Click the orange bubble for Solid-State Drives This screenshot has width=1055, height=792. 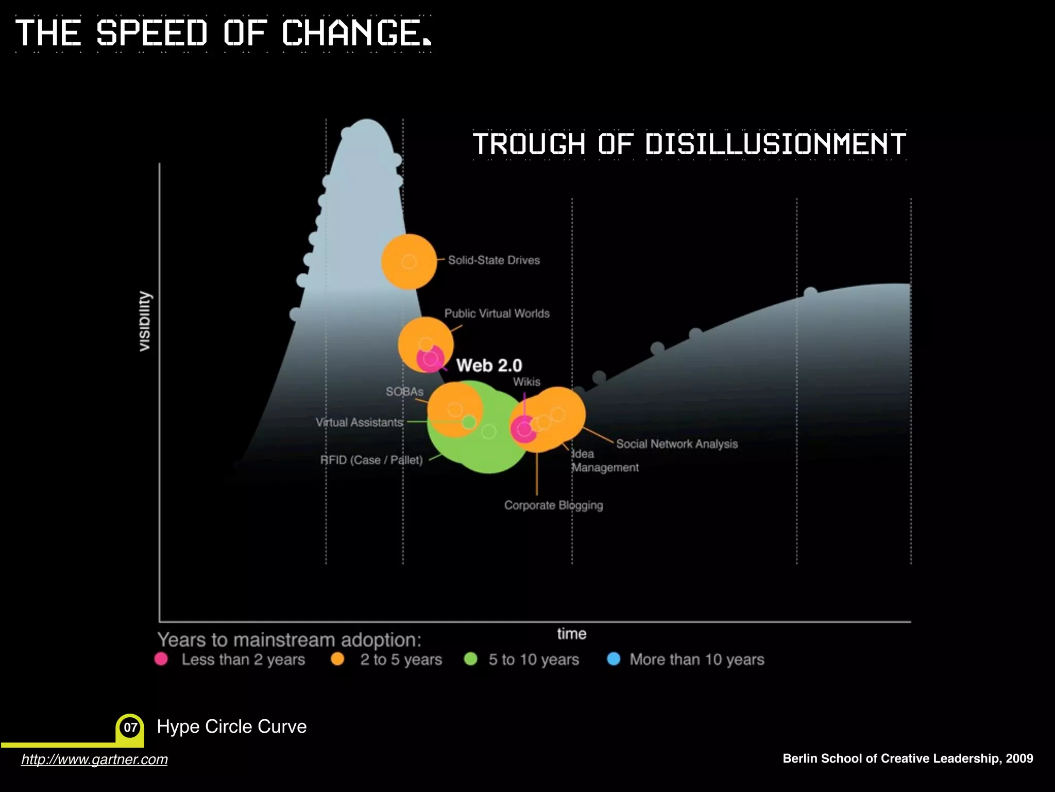click(409, 262)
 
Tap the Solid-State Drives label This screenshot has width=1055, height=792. click(494, 260)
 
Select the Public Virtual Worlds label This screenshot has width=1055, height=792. click(497, 313)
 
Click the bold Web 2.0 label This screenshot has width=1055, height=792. click(489, 365)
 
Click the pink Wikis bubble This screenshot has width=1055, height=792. click(524, 429)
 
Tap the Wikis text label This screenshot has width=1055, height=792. click(526, 382)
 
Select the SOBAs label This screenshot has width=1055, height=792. click(404, 392)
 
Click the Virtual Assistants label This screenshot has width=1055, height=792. click(359, 422)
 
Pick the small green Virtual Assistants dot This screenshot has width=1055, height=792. click(469, 422)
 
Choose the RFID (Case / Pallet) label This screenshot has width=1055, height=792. click(371, 460)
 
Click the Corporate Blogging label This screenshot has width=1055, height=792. click(553, 505)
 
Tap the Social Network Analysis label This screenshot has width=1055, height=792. click(677, 444)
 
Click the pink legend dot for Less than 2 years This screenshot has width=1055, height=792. click(161, 659)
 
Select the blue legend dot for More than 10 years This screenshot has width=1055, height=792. click(614, 659)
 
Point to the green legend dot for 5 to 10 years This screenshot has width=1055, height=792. click(471, 659)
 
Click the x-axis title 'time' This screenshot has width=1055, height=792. click(572, 634)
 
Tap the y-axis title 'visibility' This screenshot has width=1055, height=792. click(146, 322)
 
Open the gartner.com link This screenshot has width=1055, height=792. click(94, 760)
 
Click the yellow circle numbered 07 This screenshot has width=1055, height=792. click(130, 727)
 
